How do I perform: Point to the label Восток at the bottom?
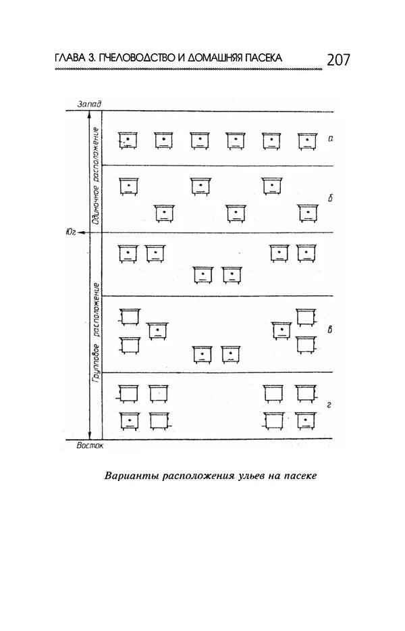pos(91,446)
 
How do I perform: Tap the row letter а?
pos(331,138)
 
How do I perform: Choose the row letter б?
pos(331,199)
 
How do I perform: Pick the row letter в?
pos(329,330)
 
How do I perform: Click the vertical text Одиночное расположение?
pos(96,174)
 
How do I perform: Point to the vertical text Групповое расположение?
pos(96,341)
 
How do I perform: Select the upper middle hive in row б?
pos(200,185)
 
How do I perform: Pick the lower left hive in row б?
pos(164,213)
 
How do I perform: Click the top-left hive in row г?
pos(128,393)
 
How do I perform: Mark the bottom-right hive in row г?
pos(306,421)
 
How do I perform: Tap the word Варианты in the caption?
pos(129,475)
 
